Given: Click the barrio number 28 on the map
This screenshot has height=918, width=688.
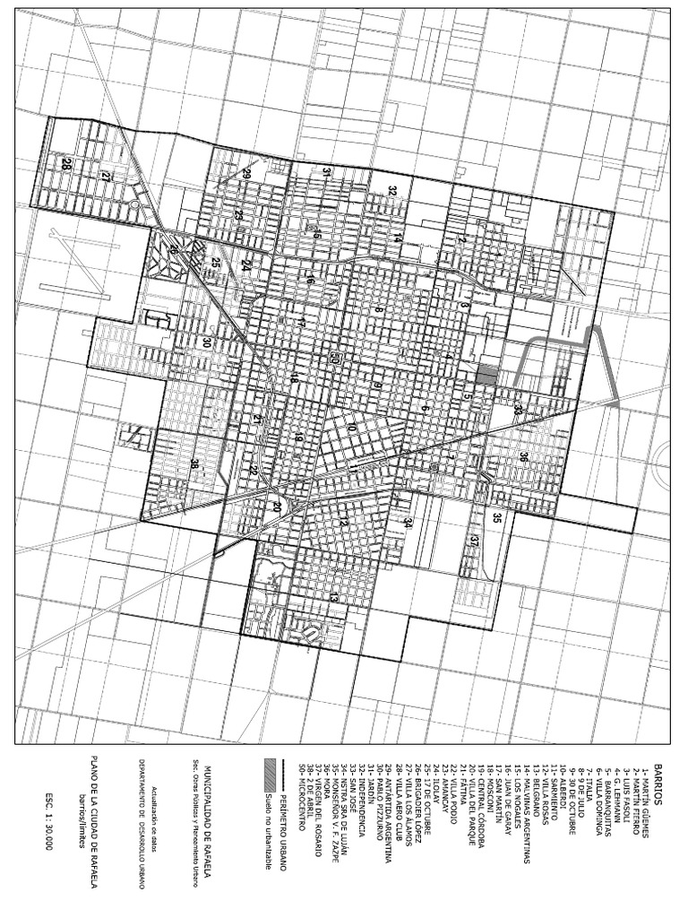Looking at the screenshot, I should [x=66, y=164].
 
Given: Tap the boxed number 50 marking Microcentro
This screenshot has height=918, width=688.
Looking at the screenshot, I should [x=335, y=359].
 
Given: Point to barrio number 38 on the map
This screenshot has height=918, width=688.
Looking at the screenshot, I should [x=193, y=463].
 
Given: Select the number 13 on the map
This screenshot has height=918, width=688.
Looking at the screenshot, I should [x=333, y=596].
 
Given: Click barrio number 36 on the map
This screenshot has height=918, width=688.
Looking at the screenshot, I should [x=523, y=457].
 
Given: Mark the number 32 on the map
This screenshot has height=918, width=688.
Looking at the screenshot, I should [x=392, y=191].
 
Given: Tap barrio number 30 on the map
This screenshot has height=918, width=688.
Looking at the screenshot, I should [x=205, y=342].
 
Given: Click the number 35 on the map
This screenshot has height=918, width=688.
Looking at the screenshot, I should [x=496, y=517].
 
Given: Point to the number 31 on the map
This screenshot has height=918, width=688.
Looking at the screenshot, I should [x=327, y=174].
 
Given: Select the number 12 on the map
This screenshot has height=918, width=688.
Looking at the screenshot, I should [x=342, y=521].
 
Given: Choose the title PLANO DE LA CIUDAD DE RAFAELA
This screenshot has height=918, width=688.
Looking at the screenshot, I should [x=93, y=817].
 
